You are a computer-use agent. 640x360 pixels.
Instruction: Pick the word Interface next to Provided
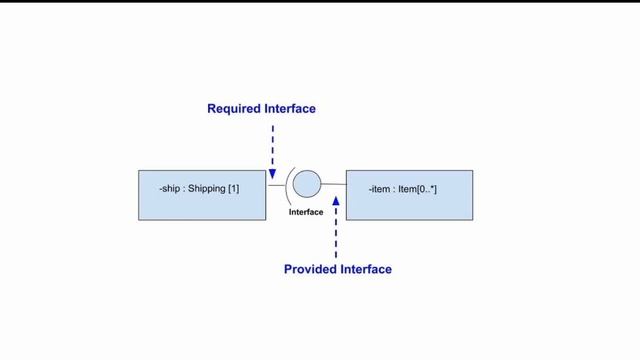click(x=367, y=269)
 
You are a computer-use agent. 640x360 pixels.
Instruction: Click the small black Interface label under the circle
click(x=306, y=212)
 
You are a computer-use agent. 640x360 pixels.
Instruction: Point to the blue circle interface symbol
click(x=306, y=185)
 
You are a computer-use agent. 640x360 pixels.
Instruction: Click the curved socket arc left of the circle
click(x=287, y=185)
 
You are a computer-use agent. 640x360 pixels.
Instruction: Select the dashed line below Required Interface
click(x=271, y=145)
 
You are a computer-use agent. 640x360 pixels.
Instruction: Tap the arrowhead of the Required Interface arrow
click(x=271, y=176)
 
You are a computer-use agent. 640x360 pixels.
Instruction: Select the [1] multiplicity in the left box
click(x=234, y=187)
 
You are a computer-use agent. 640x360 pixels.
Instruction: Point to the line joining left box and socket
click(x=275, y=186)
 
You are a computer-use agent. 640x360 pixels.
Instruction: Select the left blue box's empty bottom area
click(x=201, y=207)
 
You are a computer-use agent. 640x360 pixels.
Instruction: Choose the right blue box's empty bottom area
click(x=409, y=207)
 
